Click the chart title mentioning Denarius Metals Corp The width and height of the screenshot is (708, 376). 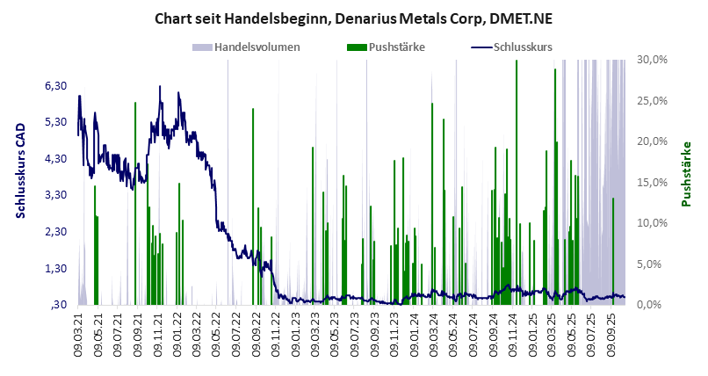[x=354, y=18]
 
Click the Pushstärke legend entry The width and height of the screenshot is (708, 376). [x=400, y=47]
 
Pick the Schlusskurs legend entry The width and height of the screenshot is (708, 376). [x=523, y=47]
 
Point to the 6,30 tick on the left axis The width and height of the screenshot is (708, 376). [x=55, y=85]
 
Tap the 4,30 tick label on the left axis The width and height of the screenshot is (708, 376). [x=55, y=158]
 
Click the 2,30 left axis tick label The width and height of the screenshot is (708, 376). [x=55, y=231]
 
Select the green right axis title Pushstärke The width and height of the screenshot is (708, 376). [x=686, y=174]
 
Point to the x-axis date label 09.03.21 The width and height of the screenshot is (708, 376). [x=79, y=335]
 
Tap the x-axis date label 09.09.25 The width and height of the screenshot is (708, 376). [x=612, y=335]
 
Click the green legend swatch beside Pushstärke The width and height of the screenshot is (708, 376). [x=356, y=47]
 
